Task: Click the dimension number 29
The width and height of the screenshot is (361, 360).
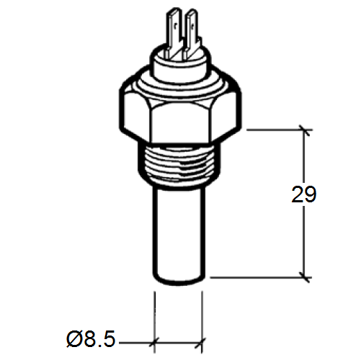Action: [304, 194]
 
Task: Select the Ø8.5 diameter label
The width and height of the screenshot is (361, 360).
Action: [91, 338]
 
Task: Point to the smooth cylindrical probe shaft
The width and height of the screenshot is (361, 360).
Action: [179, 230]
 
